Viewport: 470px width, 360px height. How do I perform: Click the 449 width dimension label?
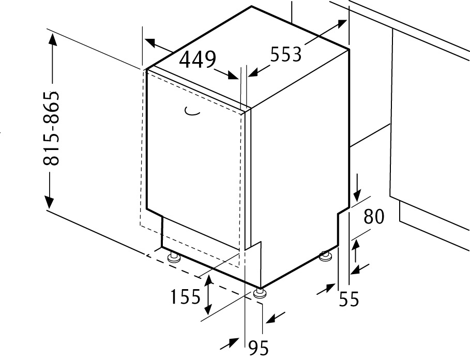point(197,59)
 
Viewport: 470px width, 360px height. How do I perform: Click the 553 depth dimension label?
point(285,54)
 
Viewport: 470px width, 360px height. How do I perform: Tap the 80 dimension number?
point(373,216)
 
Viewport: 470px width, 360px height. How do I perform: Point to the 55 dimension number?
point(348,299)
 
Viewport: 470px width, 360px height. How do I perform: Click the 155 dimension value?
point(185,297)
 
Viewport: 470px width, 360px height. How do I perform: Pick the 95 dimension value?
point(259,348)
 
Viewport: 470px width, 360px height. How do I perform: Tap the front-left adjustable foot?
point(173,258)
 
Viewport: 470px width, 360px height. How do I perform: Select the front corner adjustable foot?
point(260,293)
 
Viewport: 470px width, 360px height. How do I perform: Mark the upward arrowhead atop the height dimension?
point(53,40)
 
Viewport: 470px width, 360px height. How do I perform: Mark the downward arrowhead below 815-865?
point(50,202)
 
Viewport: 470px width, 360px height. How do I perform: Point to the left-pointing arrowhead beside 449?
point(149,43)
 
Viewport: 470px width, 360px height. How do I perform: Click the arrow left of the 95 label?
point(230,343)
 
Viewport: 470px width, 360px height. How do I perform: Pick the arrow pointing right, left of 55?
point(326,288)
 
